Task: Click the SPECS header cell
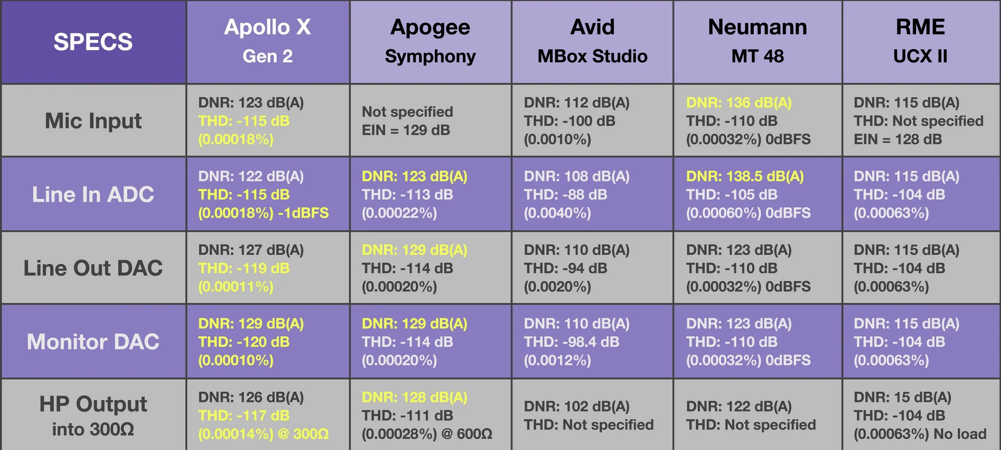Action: (x=93, y=42)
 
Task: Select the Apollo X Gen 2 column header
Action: (x=268, y=42)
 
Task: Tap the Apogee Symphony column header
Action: (x=430, y=42)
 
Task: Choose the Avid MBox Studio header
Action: (x=593, y=42)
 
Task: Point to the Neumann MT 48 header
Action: (x=758, y=42)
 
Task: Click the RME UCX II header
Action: (x=921, y=42)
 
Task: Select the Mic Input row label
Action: (x=93, y=121)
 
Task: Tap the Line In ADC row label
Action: (x=93, y=194)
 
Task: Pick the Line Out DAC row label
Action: (x=93, y=268)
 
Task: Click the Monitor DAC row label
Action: (x=93, y=341)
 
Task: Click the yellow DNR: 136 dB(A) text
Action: (x=739, y=103)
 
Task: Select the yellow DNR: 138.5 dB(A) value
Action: (x=745, y=176)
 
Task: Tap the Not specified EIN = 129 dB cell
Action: (x=407, y=121)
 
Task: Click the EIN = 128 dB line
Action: (x=898, y=139)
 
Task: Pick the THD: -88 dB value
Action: (x=565, y=195)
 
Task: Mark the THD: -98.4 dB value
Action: (x=571, y=342)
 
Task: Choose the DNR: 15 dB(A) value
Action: (x=903, y=398)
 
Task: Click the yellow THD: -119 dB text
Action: (x=244, y=268)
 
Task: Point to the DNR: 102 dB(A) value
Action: (x=577, y=407)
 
